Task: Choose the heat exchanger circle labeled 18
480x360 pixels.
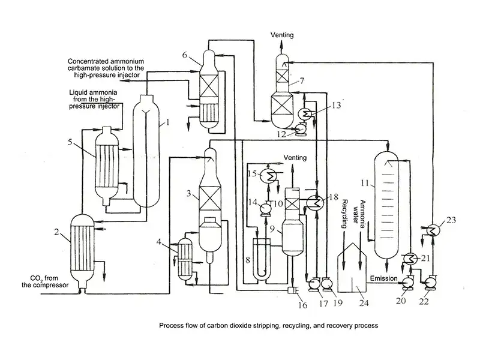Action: (x=313, y=202)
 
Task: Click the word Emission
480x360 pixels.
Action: (x=383, y=278)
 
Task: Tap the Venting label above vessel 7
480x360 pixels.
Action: (x=282, y=35)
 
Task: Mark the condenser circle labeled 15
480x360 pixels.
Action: (x=271, y=174)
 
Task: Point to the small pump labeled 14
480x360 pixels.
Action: (x=262, y=207)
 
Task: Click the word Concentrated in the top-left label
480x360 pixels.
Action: (x=87, y=61)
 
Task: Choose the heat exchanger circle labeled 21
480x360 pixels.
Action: (x=410, y=259)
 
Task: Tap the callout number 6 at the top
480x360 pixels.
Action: (x=185, y=56)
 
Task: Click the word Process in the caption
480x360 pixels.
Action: (x=172, y=326)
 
